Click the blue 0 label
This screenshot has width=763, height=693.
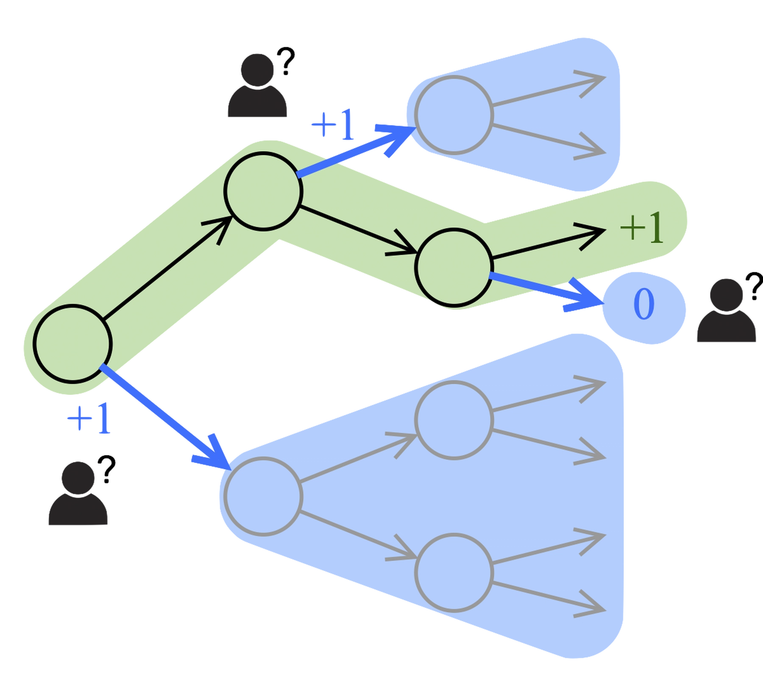click(x=643, y=305)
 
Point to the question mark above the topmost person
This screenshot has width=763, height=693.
click(x=287, y=61)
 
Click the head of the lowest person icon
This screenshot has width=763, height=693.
click(x=78, y=477)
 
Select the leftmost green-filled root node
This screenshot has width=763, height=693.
click(x=73, y=343)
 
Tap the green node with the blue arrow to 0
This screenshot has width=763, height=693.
click(x=454, y=267)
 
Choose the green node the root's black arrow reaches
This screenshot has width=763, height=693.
click(x=263, y=191)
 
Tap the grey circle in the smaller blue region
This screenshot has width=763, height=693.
click(x=454, y=114)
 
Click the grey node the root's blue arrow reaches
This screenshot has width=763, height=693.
click(x=263, y=496)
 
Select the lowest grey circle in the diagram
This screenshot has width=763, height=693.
click(x=454, y=572)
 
